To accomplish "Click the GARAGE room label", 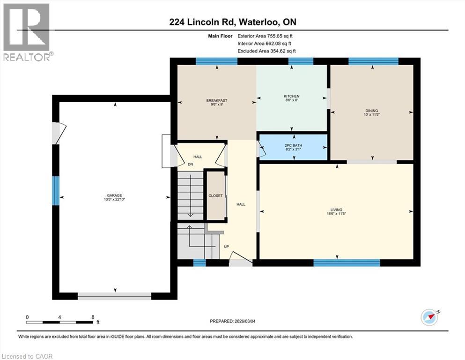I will tap(115, 195).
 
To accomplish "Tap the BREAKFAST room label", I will tap(217, 101).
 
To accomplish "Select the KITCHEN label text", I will tap(291, 96).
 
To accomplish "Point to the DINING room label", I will tap(372, 111).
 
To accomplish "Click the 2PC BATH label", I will tap(294, 146).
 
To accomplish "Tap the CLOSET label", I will tap(216, 195).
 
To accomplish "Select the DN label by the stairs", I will tap(191, 165).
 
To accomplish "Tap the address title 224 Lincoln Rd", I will tap(232, 22).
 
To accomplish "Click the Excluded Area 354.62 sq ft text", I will tap(266, 51).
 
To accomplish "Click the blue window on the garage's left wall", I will tap(56, 190).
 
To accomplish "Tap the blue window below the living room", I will tap(346, 263).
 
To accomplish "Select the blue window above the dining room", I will tap(373, 60).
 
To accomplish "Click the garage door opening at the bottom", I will tap(115, 296).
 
